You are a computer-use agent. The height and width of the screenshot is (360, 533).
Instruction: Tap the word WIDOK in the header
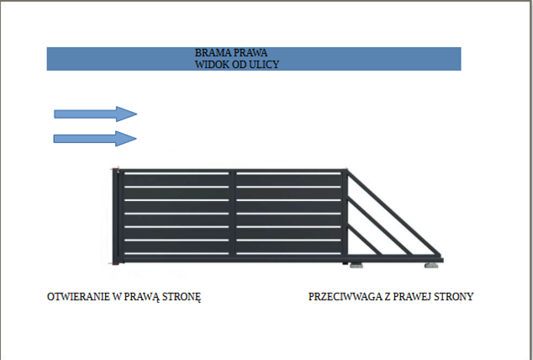[x=211, y=64]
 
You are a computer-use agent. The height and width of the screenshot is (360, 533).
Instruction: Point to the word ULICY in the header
[x=264, y=64]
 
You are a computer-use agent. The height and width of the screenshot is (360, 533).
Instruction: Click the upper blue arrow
[x=95, y=114]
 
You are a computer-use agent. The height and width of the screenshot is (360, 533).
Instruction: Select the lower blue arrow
[x=95, y=138]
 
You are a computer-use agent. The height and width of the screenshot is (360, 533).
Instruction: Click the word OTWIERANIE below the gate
[x=78, y=297]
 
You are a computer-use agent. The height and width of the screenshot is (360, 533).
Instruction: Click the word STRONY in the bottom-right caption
[x=456, y=297]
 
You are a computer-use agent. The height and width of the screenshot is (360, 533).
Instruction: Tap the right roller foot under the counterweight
[x=431, y=266]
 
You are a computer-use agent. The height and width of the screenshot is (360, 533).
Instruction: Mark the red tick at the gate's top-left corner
[x=112, y=170]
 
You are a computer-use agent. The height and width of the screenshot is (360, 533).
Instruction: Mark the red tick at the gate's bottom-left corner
[x=112, y=264]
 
